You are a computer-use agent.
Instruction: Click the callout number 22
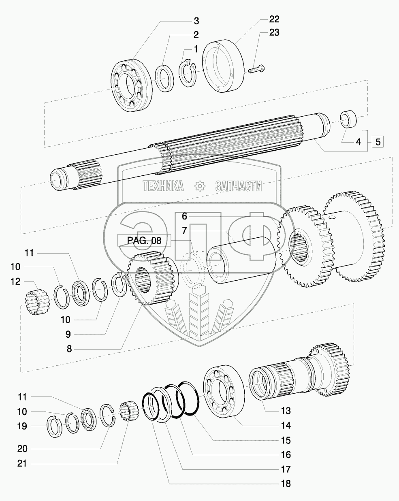274,19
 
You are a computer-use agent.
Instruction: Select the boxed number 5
378,142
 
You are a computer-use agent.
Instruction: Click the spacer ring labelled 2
165,79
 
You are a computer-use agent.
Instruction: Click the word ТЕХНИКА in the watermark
163,186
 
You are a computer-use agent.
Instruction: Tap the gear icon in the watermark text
200,186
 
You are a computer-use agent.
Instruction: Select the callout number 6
184,215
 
